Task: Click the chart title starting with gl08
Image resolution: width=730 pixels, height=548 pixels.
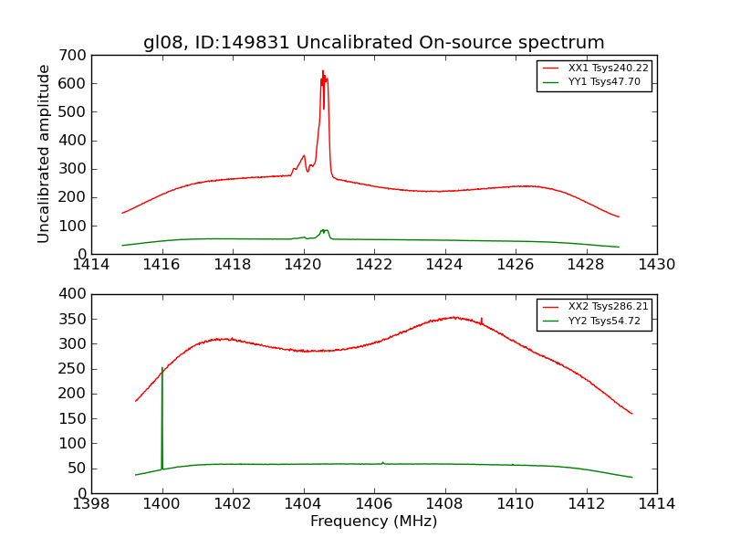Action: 373,42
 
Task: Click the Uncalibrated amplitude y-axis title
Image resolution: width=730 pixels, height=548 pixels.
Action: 44,153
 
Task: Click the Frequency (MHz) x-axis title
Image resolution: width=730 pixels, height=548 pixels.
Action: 373,522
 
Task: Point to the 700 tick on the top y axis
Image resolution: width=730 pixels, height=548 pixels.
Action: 75,56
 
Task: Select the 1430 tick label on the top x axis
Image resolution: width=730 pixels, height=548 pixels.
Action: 656,265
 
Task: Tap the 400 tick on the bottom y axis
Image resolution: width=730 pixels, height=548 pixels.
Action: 75,294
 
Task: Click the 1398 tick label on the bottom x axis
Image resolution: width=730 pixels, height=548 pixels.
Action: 91,504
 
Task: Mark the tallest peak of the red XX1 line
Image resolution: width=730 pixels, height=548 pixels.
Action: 322,71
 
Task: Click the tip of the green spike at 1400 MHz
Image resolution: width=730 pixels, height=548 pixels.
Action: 162,368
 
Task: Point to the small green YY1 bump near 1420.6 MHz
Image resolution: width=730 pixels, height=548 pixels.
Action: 323,230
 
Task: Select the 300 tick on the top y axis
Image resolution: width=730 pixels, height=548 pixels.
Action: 75,169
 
